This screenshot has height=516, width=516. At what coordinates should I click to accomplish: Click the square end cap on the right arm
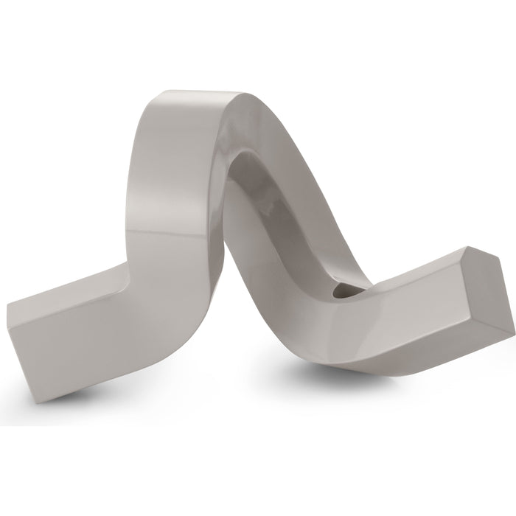488,295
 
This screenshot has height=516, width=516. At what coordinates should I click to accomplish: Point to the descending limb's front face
273,310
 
